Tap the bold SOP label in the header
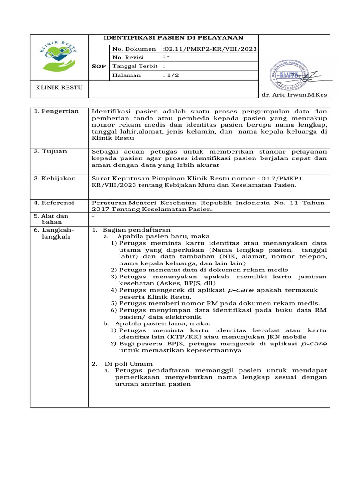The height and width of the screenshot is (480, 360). tap(98, 67)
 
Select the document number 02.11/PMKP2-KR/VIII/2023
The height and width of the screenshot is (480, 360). tap(210, 49)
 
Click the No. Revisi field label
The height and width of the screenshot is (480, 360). tap(127, 58)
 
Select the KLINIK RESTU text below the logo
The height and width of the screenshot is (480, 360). tap(53, 88)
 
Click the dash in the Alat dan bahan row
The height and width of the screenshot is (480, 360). tap(93, 216)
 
